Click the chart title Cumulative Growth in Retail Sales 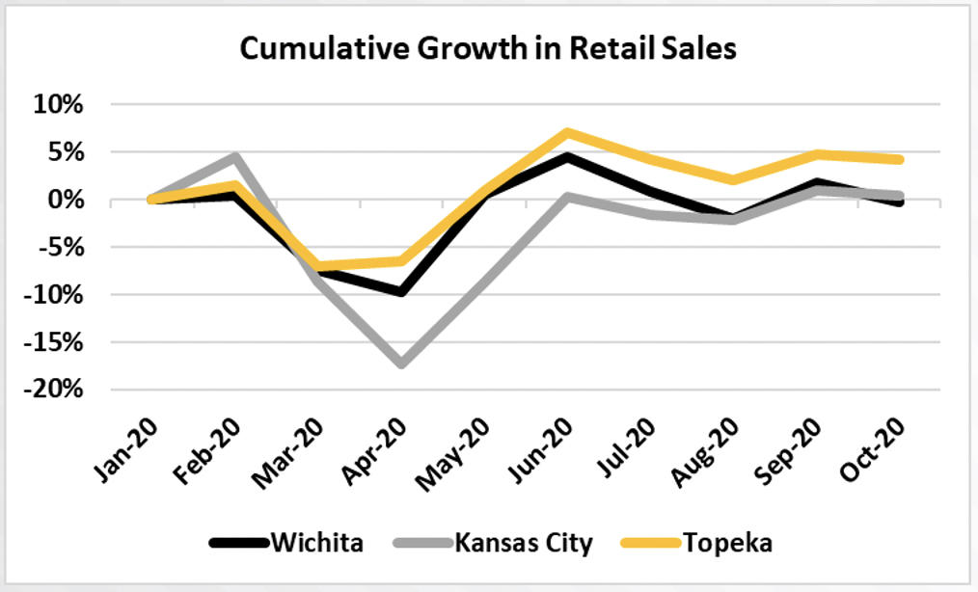point(488,48)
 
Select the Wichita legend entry point(286,542)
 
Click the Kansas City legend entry point(494,543)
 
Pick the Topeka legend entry point(696,542)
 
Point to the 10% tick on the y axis point(58,104)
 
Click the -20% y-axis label point(53,390)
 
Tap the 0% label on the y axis point(66,200)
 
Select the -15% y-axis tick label point(53,342)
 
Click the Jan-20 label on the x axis point(126,451)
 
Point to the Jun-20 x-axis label point(540,450)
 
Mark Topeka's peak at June point(567,132)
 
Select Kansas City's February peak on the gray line point(235,156)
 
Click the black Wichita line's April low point point(401,292)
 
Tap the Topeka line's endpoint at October point(899,160)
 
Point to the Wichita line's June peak point(567,156)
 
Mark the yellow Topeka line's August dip point(733,180)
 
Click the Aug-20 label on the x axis point(704,451)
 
